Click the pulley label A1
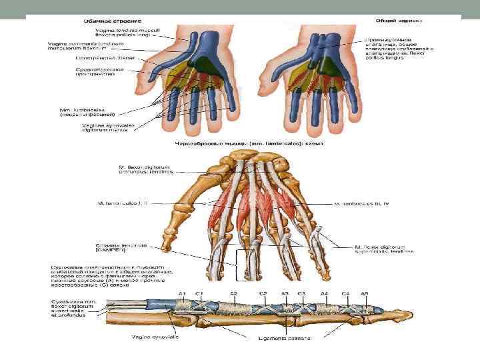point(181,294)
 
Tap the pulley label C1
point(199,294)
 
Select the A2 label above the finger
point(234,294)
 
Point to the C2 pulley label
point(264,294)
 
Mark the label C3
point(301,294)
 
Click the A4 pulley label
point(324,294)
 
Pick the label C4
point(345,294)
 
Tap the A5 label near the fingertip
point(364,294)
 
